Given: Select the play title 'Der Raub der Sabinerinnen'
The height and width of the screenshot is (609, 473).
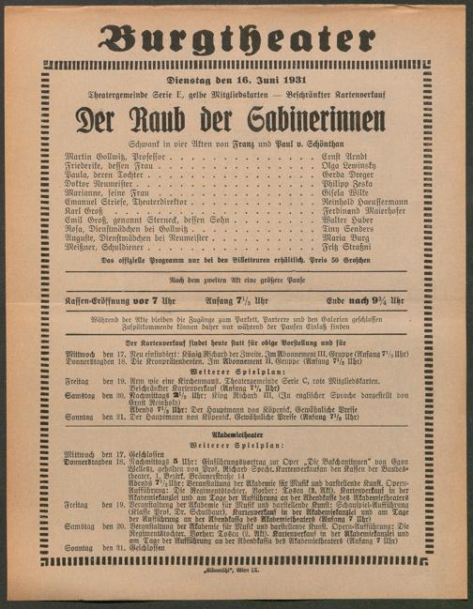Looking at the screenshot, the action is (x=236, y=120).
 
